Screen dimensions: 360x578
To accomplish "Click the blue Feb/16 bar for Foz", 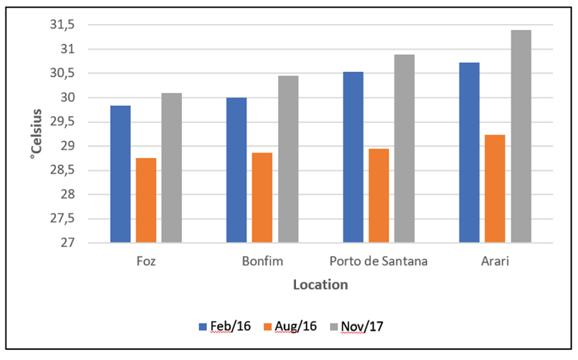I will [120, 174].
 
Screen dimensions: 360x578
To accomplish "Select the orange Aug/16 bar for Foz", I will [146, 201].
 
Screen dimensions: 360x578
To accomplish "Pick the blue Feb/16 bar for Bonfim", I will [236, 170].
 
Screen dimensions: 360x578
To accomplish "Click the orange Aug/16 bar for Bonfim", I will [262, 197].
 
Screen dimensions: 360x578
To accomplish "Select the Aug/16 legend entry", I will [294, 327].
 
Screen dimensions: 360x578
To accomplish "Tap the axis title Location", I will [320, 285].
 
